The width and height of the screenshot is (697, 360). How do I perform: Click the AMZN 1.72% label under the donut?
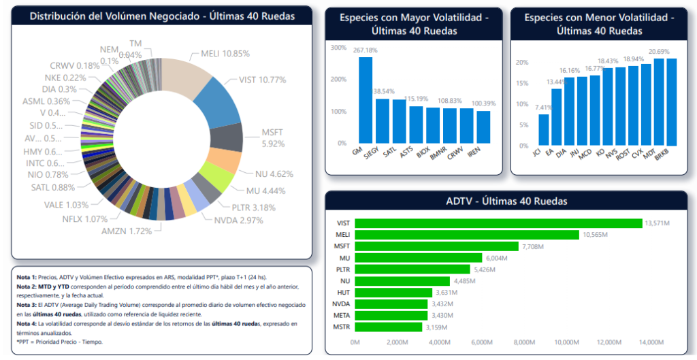pyautogui.click(x=127, y=231)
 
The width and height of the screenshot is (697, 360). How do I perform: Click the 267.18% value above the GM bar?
pyautogui.click(x=366, y=50)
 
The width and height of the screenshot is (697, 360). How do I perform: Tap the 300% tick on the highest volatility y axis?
pyautogui.click(x=338, y=47)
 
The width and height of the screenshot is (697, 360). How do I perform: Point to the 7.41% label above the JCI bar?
pyautogui.click(x=543, y=108)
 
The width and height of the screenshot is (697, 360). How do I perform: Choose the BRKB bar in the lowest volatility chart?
pyautogui.click(x=672, y=101)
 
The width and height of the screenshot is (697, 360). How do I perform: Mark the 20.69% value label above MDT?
pyautogui.click(x=658, y=52)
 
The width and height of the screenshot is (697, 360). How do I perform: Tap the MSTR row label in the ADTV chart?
pyautogui.click(x=342, y=327)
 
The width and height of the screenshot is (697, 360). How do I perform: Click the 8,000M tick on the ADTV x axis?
pyautogui.click(x=525, y=342)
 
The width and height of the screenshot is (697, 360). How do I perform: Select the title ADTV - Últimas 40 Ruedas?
pyautogui.click(x=506, y=201)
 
